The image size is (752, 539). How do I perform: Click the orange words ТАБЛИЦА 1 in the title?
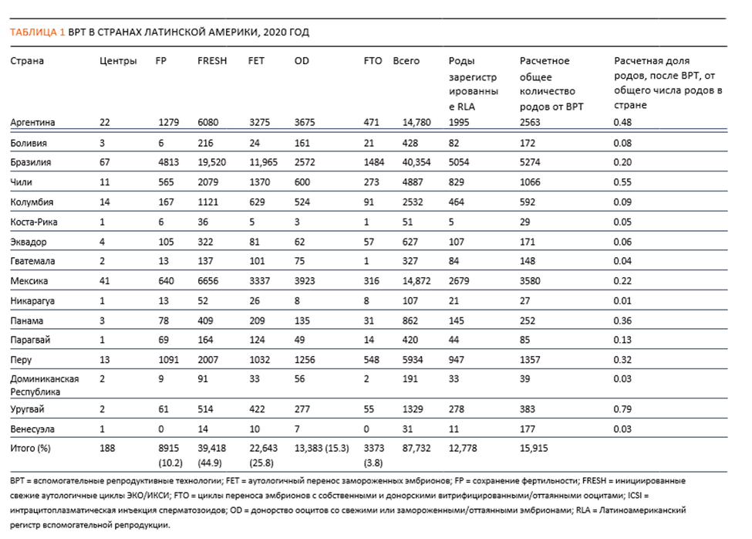coord(38,32)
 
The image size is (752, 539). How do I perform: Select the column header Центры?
coord(118,62)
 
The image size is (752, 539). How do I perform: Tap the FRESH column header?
coord(212,61)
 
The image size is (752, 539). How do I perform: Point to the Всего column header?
coord(406,61)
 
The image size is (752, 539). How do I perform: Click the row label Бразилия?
coord(31,162)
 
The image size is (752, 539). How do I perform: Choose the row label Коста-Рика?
coord(34,222)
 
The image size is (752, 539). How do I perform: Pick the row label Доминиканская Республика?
coord(45,385)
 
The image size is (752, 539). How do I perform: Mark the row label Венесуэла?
coord(32,429)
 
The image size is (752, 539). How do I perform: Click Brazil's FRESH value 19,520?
coord(211,162)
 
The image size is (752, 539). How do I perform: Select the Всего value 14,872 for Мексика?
coord(416,281)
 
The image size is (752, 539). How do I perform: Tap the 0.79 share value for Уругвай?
coord(622,409)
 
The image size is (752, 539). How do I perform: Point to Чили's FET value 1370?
coord(259,182)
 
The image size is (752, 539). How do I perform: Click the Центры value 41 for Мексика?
coord(105,281)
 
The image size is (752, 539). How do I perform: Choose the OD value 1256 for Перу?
coord(305,360)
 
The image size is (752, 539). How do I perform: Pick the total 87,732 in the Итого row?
coord(416,449)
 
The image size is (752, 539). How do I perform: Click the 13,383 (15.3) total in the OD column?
coord(322,449)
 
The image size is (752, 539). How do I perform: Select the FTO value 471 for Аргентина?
coord(371,122)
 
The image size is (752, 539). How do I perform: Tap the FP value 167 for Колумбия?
coord(166,202)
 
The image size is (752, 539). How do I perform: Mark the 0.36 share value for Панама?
coord(622,320)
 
